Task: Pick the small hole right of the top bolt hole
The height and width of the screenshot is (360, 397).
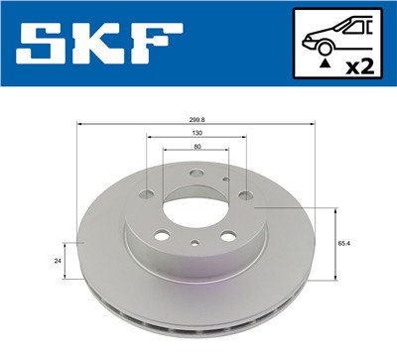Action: pos(225,180)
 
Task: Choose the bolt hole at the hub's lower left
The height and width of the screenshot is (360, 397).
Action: pos(163,236)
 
